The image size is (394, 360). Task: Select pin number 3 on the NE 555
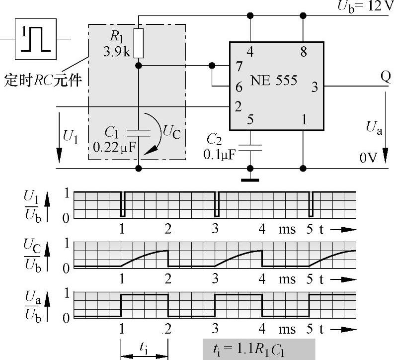pos(314,88)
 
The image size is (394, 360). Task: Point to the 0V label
pos(370,158)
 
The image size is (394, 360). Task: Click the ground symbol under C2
pos(250,180)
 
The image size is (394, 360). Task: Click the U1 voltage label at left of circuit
pos(70,135)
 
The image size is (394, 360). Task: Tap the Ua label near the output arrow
pos(374,128)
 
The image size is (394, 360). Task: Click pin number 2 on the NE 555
pos(238,106)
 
